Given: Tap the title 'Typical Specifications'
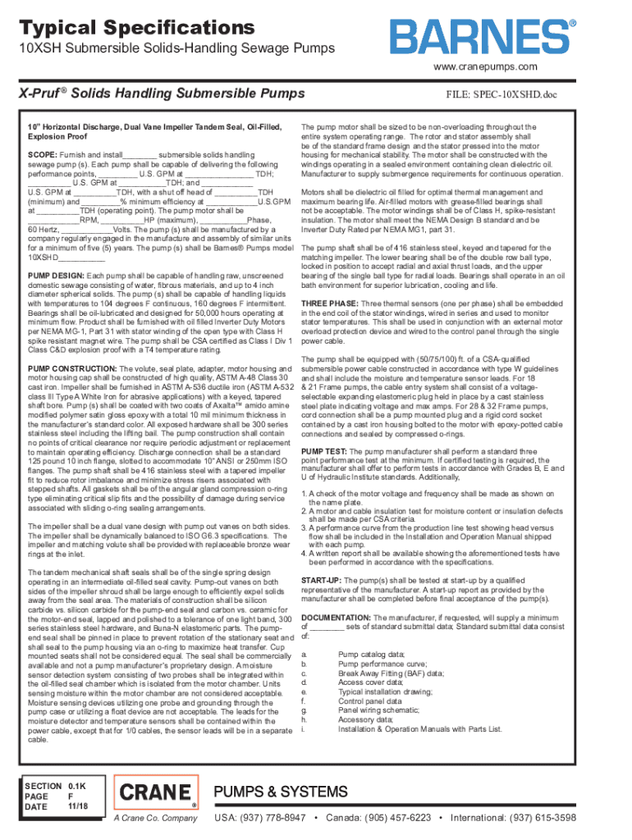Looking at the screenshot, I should (137, 28).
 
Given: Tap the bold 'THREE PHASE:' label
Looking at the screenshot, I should (330, 303).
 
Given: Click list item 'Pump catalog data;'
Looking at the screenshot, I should (371, 654).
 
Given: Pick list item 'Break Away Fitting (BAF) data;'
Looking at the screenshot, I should (391, 672).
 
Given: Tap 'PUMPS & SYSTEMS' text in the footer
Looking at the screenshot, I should (281, 792).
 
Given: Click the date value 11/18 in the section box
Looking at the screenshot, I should (76, 807).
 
